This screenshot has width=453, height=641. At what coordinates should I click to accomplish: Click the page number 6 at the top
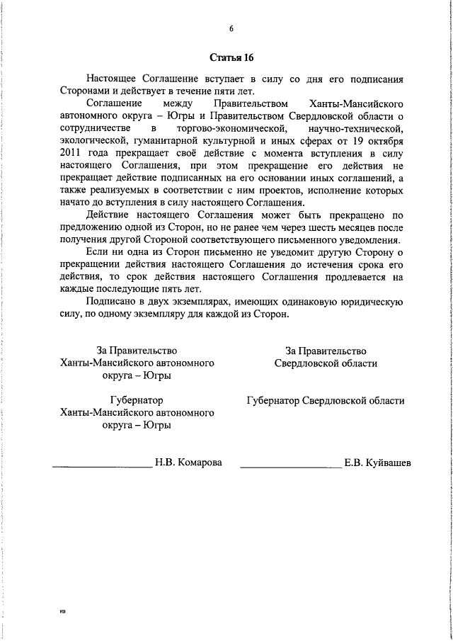click(x=231, y=29)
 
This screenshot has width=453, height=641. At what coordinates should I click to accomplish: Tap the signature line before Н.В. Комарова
click(x=103, y=466)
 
